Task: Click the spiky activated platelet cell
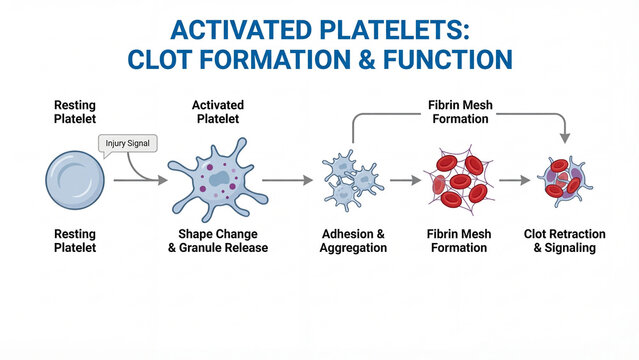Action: point(217,181)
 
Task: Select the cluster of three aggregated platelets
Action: point(351,179)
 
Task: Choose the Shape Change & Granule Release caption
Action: point(217,240)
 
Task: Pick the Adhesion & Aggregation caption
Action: point(353,240)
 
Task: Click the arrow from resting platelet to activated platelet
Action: point(135,180)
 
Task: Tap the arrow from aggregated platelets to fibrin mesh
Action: point(403,181)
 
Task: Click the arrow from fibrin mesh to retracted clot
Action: point(514,181)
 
